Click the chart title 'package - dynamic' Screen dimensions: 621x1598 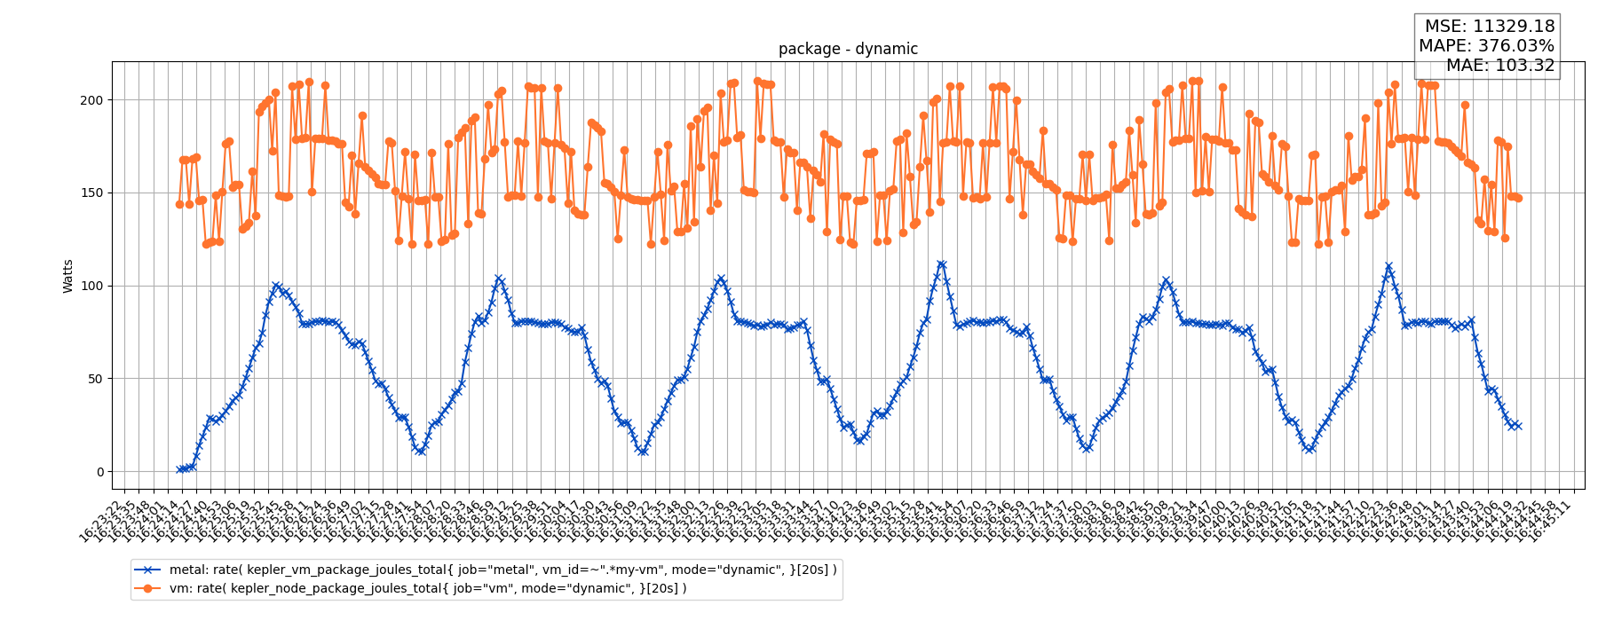point(848,49)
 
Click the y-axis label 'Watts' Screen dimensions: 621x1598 point(68,276)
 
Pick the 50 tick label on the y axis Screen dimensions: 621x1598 point(95,379)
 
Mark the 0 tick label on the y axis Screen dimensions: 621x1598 point(99,472)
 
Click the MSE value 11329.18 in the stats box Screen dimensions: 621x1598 point(1515,27)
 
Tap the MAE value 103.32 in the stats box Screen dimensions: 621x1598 point(1519,66)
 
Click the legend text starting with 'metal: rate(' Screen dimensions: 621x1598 point(502,570)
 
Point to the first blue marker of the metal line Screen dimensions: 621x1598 point(179,469)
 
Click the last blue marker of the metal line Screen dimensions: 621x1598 point(1518,426)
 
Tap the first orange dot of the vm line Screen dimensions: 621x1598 point(179,204)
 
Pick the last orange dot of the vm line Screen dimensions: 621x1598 point(1518,198)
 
